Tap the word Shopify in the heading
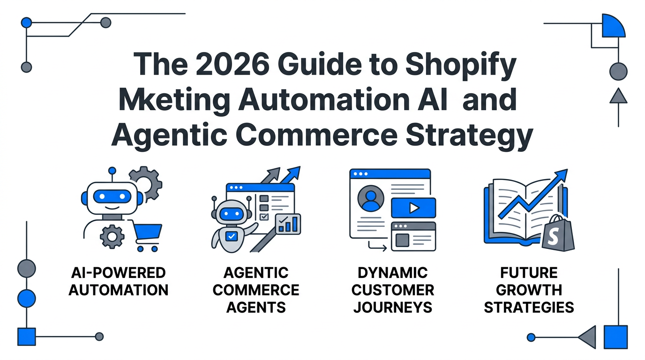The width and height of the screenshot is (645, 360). click(461, 66)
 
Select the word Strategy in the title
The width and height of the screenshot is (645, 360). click(469, 136)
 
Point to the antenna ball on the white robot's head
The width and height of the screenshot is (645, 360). click(112, 171)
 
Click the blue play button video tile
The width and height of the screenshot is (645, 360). click(413, 208)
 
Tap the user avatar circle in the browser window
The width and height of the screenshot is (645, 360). click(371, 198)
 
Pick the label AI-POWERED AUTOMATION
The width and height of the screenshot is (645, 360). click(118, 281)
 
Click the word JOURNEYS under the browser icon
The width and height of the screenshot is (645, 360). click(393, 307)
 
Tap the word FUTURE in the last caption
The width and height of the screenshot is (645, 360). click(529, 273)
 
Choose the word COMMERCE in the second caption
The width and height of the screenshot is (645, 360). click(256, 290)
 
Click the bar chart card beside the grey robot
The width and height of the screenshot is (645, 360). click(288, 224)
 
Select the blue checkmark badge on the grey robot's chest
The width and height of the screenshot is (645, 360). click(231, 236)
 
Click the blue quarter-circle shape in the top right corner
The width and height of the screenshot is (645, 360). click(613, 27)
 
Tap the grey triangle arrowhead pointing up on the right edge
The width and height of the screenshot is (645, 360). click(618, 96)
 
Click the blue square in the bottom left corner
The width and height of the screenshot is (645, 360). click(27, 337)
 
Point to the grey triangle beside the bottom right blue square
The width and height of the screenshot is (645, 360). click(588, 337)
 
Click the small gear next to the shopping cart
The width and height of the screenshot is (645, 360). click(112, 237)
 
